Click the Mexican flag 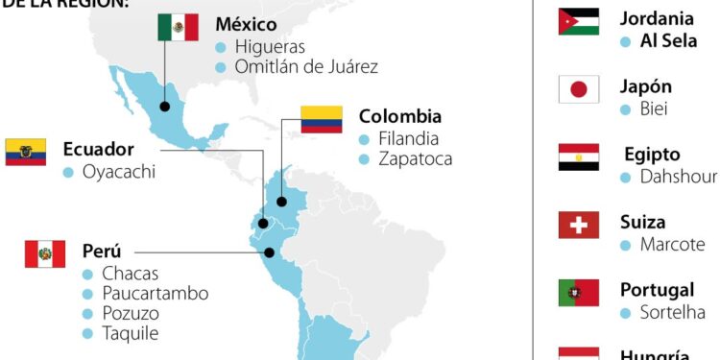tap(178, 27)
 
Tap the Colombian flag tap(322, 119)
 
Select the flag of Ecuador tap(26, 152)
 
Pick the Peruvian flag tap(45, 253)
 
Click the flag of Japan tap(579, 89)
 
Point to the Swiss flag tap(579, 225)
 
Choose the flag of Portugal tap(579, 293)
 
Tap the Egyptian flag tap(579, 156)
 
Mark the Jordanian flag tap(579, 22)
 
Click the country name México tap(246, 23)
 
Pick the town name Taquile tap(130, 334)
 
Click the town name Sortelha tap(672, 312)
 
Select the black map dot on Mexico tap(165, 107)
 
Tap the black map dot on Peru tap(270, 253)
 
